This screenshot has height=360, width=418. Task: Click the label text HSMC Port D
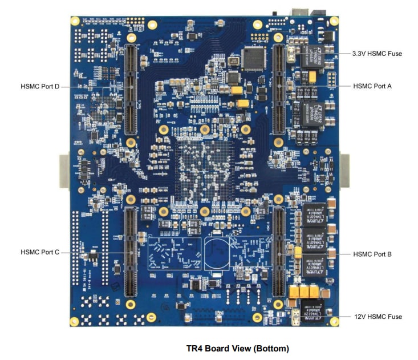pos(40,86)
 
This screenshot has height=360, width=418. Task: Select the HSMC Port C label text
pos(40,252)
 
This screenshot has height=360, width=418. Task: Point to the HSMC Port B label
pos(372,254)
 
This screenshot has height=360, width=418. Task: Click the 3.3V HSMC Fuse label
pos(377,54)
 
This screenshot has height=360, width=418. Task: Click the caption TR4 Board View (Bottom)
pos(238,348)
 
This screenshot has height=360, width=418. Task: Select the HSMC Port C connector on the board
pos(131,251)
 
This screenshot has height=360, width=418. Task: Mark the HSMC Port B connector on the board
pos(278,251)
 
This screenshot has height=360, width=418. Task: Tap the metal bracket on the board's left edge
pos(64,170)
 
